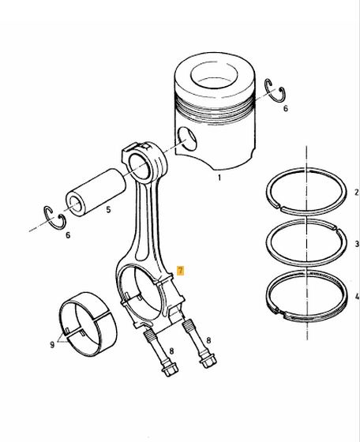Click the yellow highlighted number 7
(180, 271)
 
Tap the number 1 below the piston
(219, 178)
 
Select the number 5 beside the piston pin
(108, 209)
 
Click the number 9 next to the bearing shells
(52, 344)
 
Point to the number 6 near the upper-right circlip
(285, 108)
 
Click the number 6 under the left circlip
(68, 235)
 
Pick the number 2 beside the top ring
(357, 193)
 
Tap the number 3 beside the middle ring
(357, 243)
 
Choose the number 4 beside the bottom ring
(357, 296)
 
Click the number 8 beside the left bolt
(171, 351)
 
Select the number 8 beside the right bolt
(208, 340)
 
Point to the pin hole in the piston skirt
(187, 139)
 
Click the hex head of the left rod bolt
(170, 370)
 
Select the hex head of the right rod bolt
(208, 361)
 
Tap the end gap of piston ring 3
(336, 227)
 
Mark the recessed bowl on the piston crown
(214, 75)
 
